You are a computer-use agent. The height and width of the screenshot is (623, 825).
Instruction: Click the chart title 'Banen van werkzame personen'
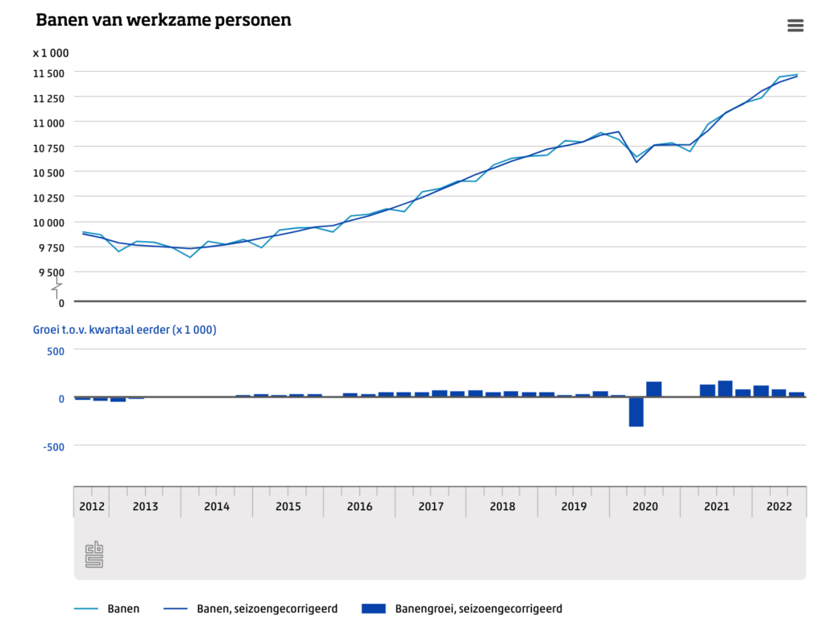tap(164, 20)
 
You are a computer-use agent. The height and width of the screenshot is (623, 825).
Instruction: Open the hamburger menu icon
tap(795, 26)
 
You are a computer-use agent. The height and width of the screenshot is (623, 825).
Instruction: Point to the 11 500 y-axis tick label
tap(48, 73)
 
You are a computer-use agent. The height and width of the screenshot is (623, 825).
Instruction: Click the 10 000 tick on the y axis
tap(48, 222)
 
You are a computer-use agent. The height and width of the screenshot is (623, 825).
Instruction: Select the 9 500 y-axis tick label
tap(51, 272)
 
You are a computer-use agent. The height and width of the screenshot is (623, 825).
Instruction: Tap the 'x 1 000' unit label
tap(51, 53)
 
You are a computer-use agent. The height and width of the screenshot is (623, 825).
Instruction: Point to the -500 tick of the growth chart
tap(51, 446)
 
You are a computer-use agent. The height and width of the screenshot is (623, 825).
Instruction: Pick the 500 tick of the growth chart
tap(54, 350)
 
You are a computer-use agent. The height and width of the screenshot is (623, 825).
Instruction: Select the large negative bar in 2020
tap(636, 412)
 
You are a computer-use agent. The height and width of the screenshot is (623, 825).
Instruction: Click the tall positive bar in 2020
tap(654, 389)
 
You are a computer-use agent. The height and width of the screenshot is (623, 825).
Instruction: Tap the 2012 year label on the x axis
tap(91, 506)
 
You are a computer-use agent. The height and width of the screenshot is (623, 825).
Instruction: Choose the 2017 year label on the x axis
tap(431, 506)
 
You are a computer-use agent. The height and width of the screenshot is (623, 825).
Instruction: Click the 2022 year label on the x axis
tap(779, 506)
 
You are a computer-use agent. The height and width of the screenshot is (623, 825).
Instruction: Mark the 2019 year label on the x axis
tap(574, 506)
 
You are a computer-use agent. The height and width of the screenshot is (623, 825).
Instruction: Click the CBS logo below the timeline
tap(94, 554)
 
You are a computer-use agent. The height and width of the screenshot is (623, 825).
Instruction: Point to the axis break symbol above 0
tap(57, 287)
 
